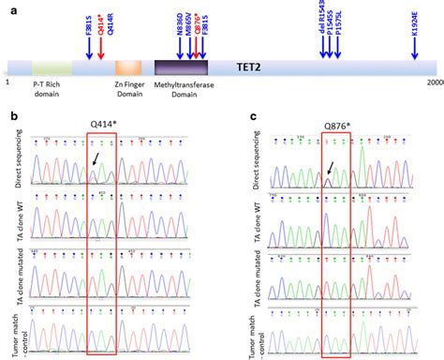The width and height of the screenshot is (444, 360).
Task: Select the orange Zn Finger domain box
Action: pyautogui.click(x=129, y=68)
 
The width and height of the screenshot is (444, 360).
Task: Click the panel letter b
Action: pyautogui.click(x=9, y=115)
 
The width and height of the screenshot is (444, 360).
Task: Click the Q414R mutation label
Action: pyautogui.click(x=111, y=22)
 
